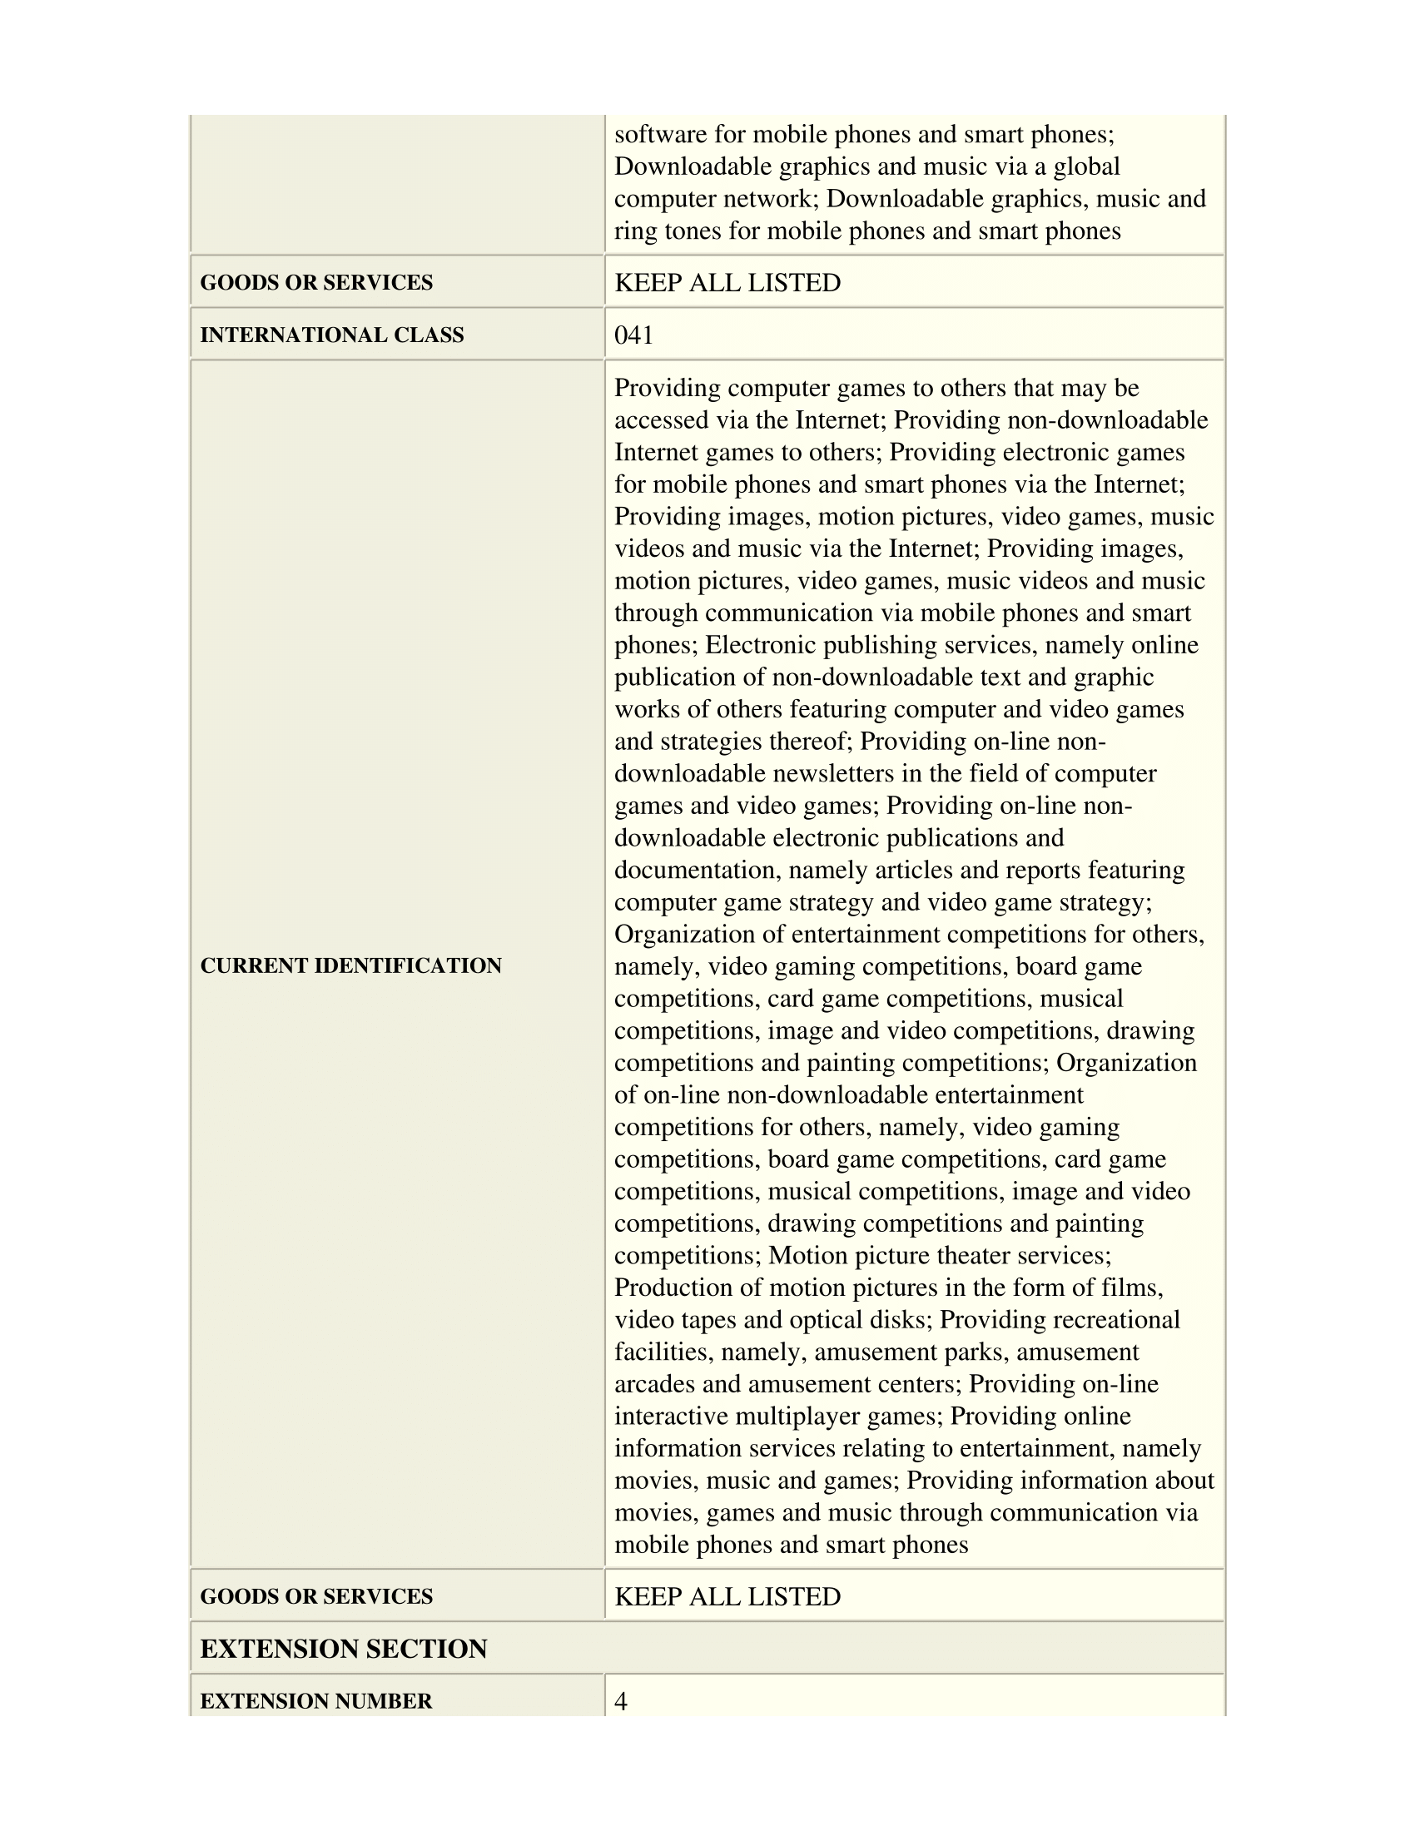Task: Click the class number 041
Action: [633, 335]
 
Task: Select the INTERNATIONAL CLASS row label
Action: [331, 335]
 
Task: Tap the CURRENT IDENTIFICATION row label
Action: [350, 965]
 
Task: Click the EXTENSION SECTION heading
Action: [344, 1649]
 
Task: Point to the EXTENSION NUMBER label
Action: [316, 1701]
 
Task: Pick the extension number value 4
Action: [621, 1701]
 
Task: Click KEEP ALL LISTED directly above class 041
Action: [727, 282]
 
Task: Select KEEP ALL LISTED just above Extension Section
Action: [727, 1596]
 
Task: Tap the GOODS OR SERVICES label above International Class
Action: [316, 282]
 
